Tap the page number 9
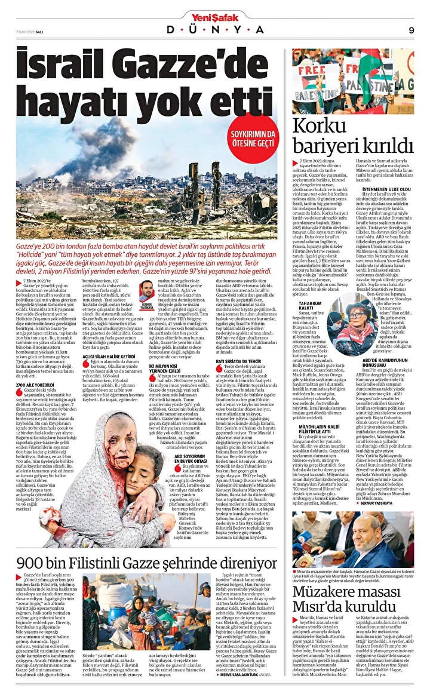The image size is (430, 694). click(x=411, y=30)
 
